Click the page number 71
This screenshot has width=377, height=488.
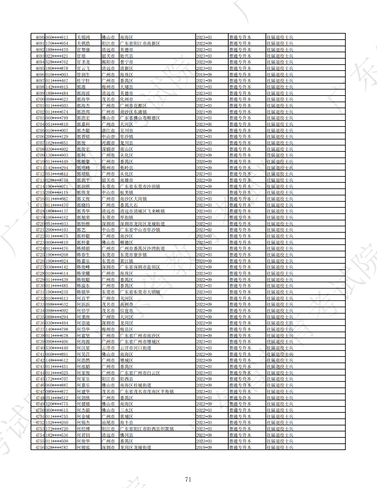[x=188, y=479]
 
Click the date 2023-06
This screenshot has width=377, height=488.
[x=204, y=124]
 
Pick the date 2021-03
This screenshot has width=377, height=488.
[x=204, y=348]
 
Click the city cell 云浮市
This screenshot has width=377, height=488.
[x=108, y=348]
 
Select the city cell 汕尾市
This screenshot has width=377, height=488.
[x=108, y=422]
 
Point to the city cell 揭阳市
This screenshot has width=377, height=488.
[x=108, y=62]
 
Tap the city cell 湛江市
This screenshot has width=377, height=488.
[x=108, y=130]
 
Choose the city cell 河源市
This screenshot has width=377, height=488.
[x=108, y=143]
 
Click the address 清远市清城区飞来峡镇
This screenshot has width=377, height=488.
[x=142, y=211]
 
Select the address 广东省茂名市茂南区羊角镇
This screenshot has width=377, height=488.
[x=146, y=391]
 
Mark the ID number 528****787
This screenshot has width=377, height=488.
[x=57, y=447]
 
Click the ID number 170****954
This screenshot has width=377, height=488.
[x=57, y=43]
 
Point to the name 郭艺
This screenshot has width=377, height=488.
[x=81, y=230]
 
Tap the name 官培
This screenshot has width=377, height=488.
[x=81, y=56]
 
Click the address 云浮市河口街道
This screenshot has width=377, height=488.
[x=135, y=348]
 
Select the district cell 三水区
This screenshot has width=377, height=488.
[x=126, y=410]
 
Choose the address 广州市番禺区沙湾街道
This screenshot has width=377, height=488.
[x=142, y=248]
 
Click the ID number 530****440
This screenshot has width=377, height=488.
[x=57, y=348]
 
